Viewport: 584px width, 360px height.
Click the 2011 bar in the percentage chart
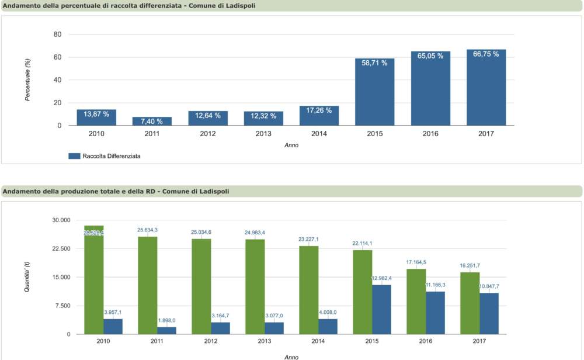tap(152, 121)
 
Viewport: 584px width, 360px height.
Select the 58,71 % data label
tap(374, 63)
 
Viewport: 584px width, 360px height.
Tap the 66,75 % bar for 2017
tap(486, 88)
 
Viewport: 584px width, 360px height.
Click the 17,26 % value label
tap(319, 110)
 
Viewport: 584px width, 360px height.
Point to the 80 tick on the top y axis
tap(57, 34)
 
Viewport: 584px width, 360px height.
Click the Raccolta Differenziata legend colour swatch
tap(74, 156)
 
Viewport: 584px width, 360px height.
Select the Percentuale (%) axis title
tap(27, 79)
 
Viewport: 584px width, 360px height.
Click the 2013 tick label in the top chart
tap(263, 134)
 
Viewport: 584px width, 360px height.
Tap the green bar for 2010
tap(93, 281)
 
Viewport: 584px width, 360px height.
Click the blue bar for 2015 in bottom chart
tap(381, 310)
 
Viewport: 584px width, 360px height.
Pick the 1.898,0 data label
tap(166, 320)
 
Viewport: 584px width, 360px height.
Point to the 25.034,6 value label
tap(201, 232)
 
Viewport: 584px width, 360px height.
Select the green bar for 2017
tap(470, 304)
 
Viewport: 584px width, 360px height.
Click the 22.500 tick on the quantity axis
tap(61, 249)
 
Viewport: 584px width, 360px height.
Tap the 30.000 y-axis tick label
tap(61, 220)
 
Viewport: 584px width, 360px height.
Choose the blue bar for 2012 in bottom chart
tap(220, 328)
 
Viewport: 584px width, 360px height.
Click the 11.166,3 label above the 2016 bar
tap(435, 285)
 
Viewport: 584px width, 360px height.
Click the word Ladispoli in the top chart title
tap(239, 6)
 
